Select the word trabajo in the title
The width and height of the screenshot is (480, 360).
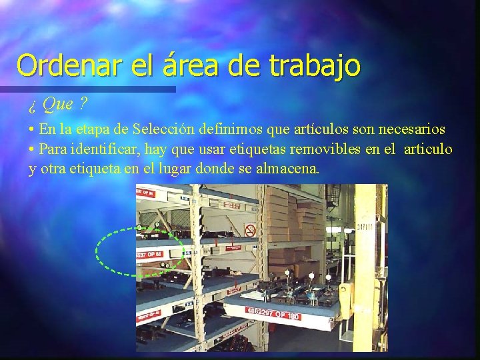click(315, 65)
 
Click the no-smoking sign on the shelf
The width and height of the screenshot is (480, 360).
click(250, 230)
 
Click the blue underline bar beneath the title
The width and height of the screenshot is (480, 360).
click(87, 89)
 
